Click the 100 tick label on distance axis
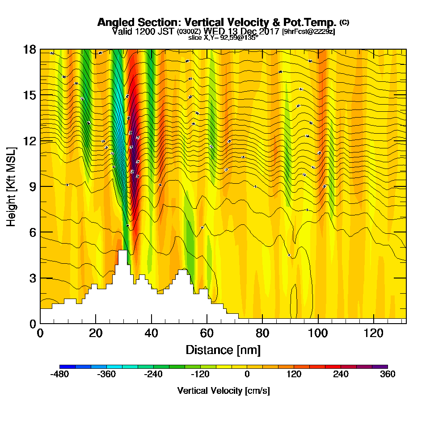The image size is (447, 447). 318,333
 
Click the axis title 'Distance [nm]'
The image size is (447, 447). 223,350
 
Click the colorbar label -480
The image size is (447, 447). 59,375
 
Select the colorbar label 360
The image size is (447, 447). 388,375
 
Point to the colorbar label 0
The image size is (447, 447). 247,375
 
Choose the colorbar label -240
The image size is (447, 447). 153,375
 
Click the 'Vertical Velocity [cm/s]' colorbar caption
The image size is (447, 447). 223,391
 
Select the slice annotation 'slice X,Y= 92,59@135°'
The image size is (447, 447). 223,38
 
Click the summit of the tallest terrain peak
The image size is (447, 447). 122,251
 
